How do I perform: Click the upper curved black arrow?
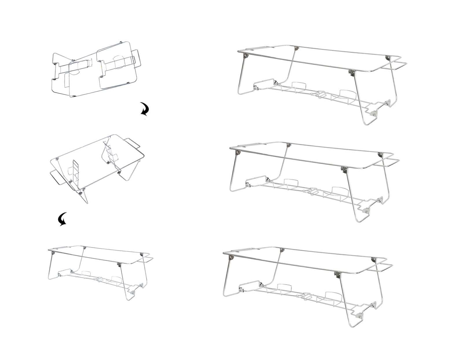[x=145, y=109]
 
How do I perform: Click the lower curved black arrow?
[x=63, y=219]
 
